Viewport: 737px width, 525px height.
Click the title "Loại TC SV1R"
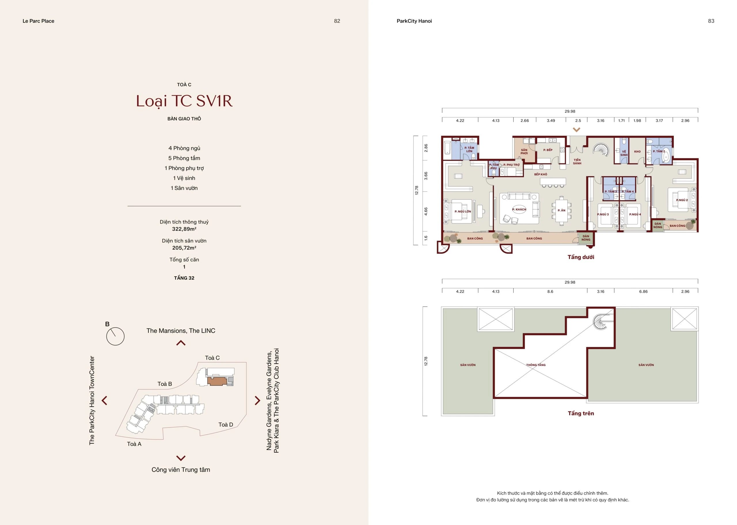click(x=184, y=101)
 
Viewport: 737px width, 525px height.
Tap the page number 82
click(x=337, y=21)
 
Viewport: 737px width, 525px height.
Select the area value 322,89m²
click(x=184, y=229)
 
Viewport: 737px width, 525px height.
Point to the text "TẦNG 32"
click(x=184, y=278)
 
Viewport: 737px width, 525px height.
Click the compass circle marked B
click(x=115, y=336)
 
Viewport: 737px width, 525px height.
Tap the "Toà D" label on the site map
click(x=225, y=424)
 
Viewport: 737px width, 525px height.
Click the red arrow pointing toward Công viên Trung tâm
click(x=181, y=458)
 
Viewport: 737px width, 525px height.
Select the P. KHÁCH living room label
click(x=519, y=209)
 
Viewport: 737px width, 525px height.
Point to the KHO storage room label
click(x=637, y=151)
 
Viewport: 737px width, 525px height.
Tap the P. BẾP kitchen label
click(x=548, y=150)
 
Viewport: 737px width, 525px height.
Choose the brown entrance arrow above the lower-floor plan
click(x=576, y=130)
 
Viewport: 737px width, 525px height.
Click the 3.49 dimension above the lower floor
click(x=551, y=120)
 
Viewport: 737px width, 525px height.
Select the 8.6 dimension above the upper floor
click(x=550, y=292)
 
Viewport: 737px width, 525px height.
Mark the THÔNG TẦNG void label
click(x=536, y=365)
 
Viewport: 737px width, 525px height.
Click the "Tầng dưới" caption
click(x=581, y=257)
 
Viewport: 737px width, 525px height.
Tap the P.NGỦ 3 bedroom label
click(x=603, y=214)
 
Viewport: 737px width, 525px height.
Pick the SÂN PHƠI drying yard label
click(x=524, y=152)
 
